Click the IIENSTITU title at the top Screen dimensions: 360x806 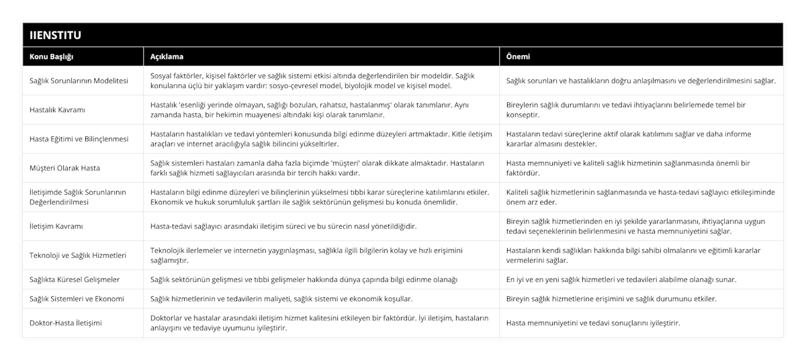55,34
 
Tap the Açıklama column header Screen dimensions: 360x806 167,56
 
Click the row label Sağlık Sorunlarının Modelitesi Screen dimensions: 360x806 79,81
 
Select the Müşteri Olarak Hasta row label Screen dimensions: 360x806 64,168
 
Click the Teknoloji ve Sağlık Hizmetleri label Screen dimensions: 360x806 78,255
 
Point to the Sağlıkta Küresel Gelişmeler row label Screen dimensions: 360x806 75,279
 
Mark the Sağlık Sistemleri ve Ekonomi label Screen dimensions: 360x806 77,298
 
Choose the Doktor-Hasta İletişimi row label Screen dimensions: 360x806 66,322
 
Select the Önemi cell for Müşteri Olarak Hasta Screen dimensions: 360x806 628,168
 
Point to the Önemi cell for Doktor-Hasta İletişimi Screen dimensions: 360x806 594,322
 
